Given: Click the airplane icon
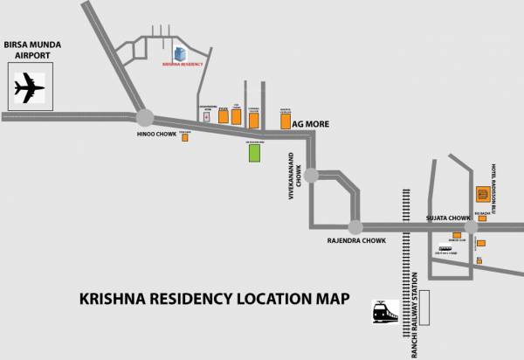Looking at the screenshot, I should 30,89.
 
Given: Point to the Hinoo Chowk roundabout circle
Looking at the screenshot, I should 145,117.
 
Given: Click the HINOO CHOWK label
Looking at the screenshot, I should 155,136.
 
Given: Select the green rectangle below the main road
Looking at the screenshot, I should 255,152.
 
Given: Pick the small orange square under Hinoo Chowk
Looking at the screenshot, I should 185,137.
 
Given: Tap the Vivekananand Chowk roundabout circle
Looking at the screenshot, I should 311,173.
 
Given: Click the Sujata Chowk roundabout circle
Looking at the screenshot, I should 471,226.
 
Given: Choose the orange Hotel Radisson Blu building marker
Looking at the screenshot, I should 482,193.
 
